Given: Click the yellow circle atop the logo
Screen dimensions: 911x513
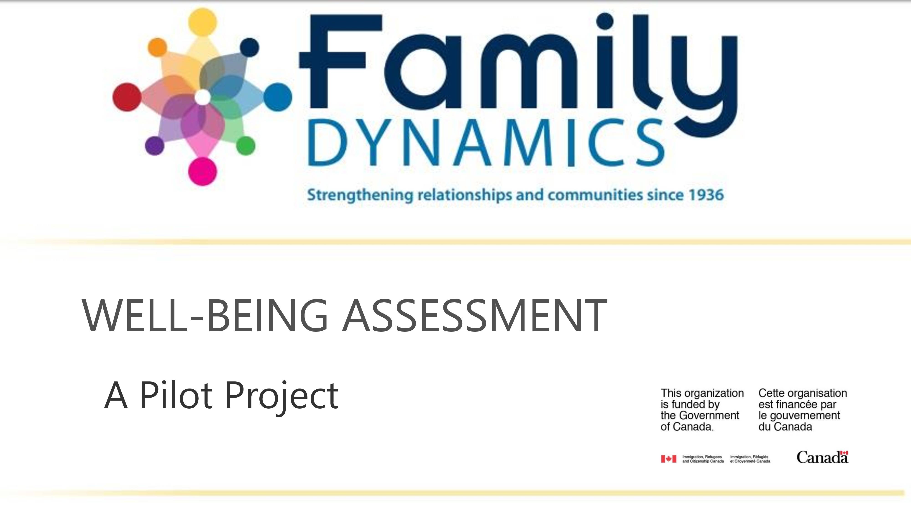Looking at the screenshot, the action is (x=202, y=22).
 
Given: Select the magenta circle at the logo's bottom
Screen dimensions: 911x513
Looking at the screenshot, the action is (x=202, y=172).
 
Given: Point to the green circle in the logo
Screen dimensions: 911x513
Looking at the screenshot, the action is (x=246, y=145).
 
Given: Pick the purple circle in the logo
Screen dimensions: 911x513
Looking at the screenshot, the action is (x=155, y=145).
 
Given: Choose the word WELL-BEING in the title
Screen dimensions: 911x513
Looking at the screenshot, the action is (x=205, y=316).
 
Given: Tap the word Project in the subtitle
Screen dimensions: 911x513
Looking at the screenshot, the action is (x=282, y=397).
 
